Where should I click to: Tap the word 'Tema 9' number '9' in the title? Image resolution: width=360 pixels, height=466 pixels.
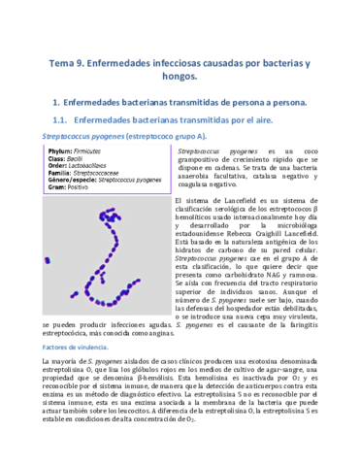[x=85, y=63]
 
